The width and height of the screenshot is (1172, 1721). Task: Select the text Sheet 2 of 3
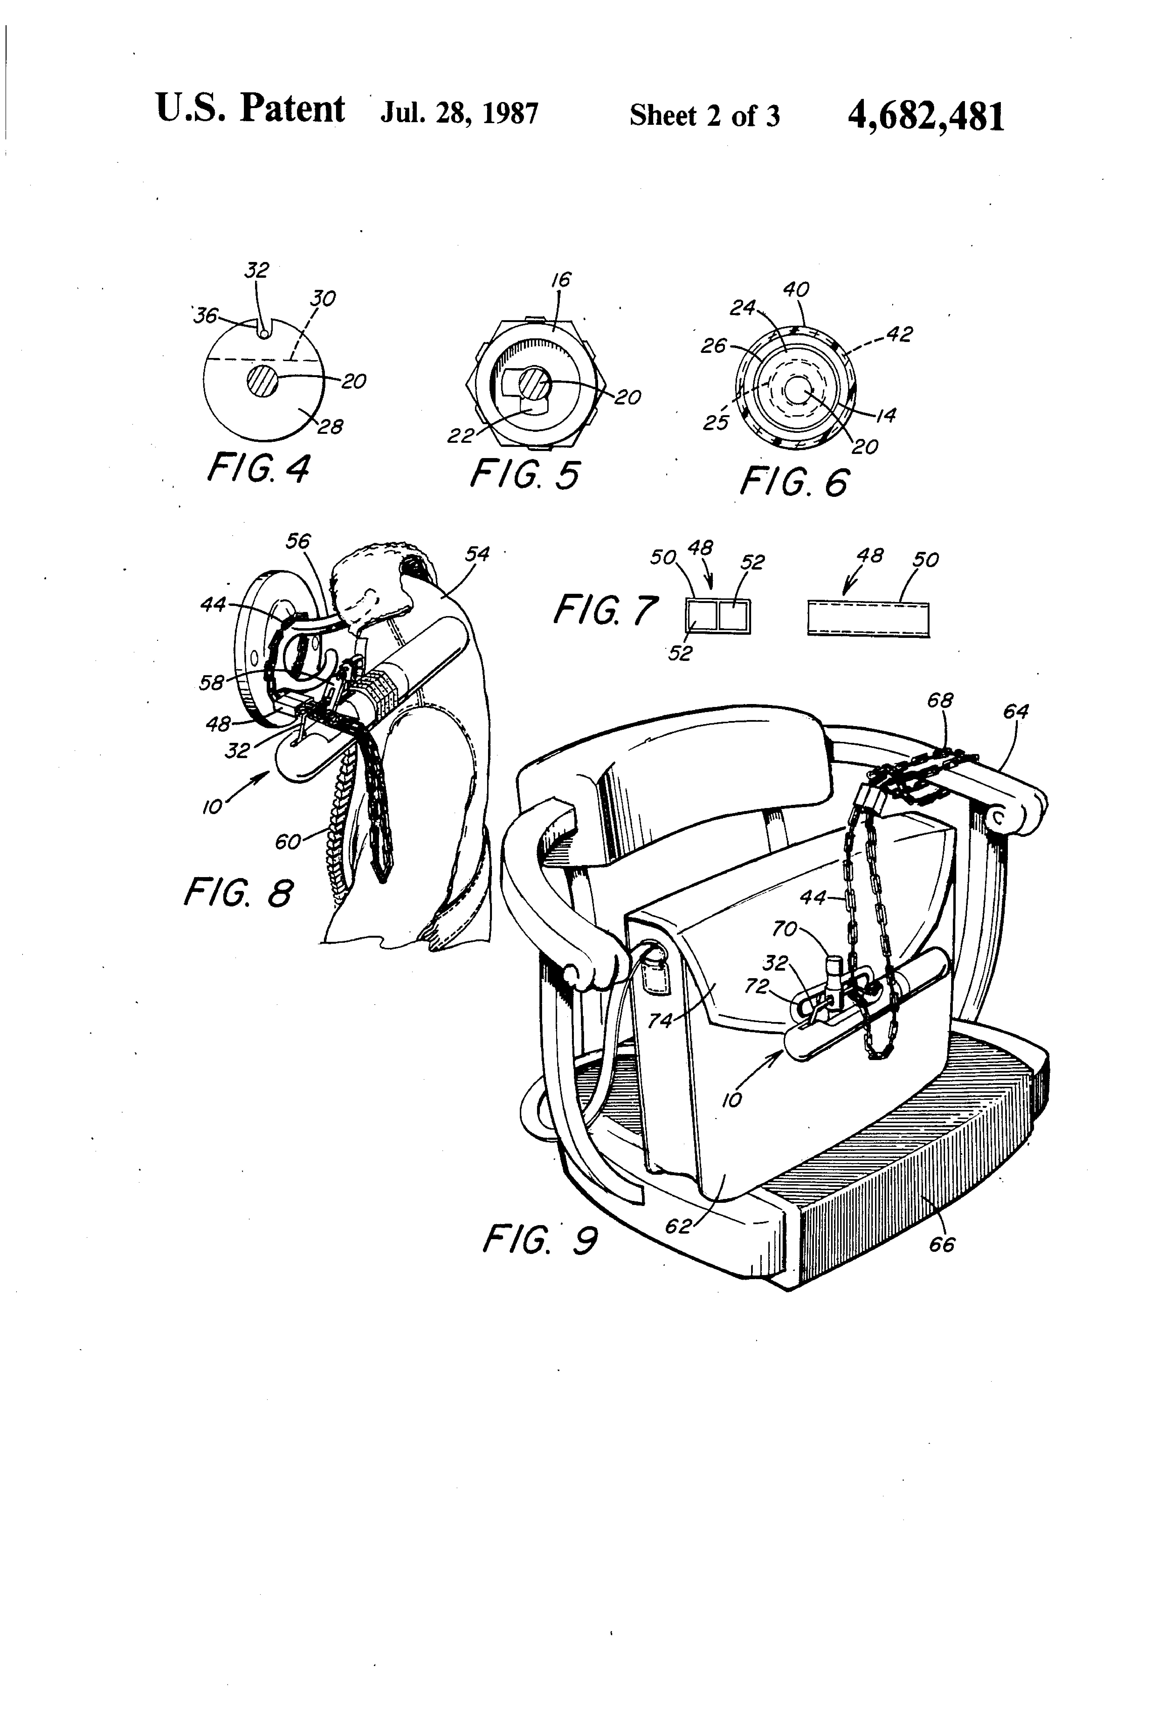[x=705, y=116]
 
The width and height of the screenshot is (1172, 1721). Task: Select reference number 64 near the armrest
[x=1016, y=712]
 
